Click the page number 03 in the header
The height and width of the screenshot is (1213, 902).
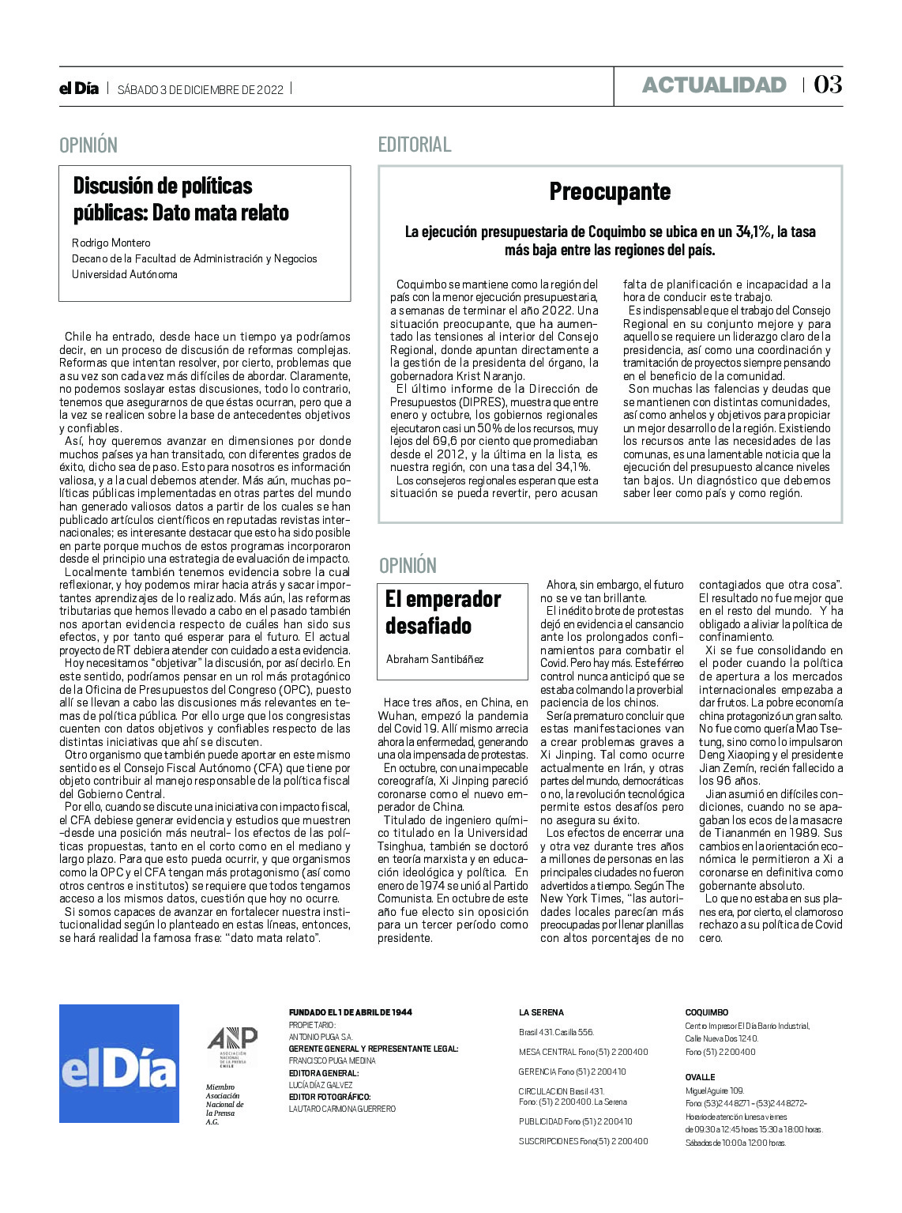(x=828, y=85)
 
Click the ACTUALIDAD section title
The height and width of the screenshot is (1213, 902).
(x=714, y=85)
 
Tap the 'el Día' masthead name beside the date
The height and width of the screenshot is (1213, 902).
(x=79, y=89)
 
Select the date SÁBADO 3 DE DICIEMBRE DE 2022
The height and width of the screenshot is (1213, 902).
(x=201, y=89)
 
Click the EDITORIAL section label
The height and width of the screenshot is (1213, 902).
(x=415, y=145)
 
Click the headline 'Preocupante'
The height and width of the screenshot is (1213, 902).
(x=610, y=191)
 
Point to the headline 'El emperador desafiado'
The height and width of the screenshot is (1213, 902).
(x=442, y=612)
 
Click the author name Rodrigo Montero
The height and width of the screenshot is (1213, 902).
(x=111, y=243)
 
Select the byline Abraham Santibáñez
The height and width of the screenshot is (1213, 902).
(x=434, y=659)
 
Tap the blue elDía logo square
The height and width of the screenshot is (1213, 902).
(x=119, y=1063)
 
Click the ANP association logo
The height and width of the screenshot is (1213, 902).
(x=231, y=1045)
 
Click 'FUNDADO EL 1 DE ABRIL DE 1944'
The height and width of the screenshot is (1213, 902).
(x=350, y=1012)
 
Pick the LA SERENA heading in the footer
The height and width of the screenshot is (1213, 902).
(x=541, y=1012)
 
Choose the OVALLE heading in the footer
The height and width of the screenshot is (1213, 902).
(x=700, y=1077)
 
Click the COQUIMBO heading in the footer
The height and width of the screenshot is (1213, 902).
(x=706, y=1012)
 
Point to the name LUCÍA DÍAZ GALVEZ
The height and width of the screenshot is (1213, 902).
(x=320, y=1085)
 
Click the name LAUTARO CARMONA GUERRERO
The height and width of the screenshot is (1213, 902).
(x=342, y=1109)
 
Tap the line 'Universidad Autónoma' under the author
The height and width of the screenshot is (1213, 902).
(x=124, y=274)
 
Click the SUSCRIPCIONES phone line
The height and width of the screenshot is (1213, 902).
(x=583, y=1141)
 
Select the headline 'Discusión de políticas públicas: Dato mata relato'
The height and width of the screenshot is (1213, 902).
(x=181, y=199)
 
